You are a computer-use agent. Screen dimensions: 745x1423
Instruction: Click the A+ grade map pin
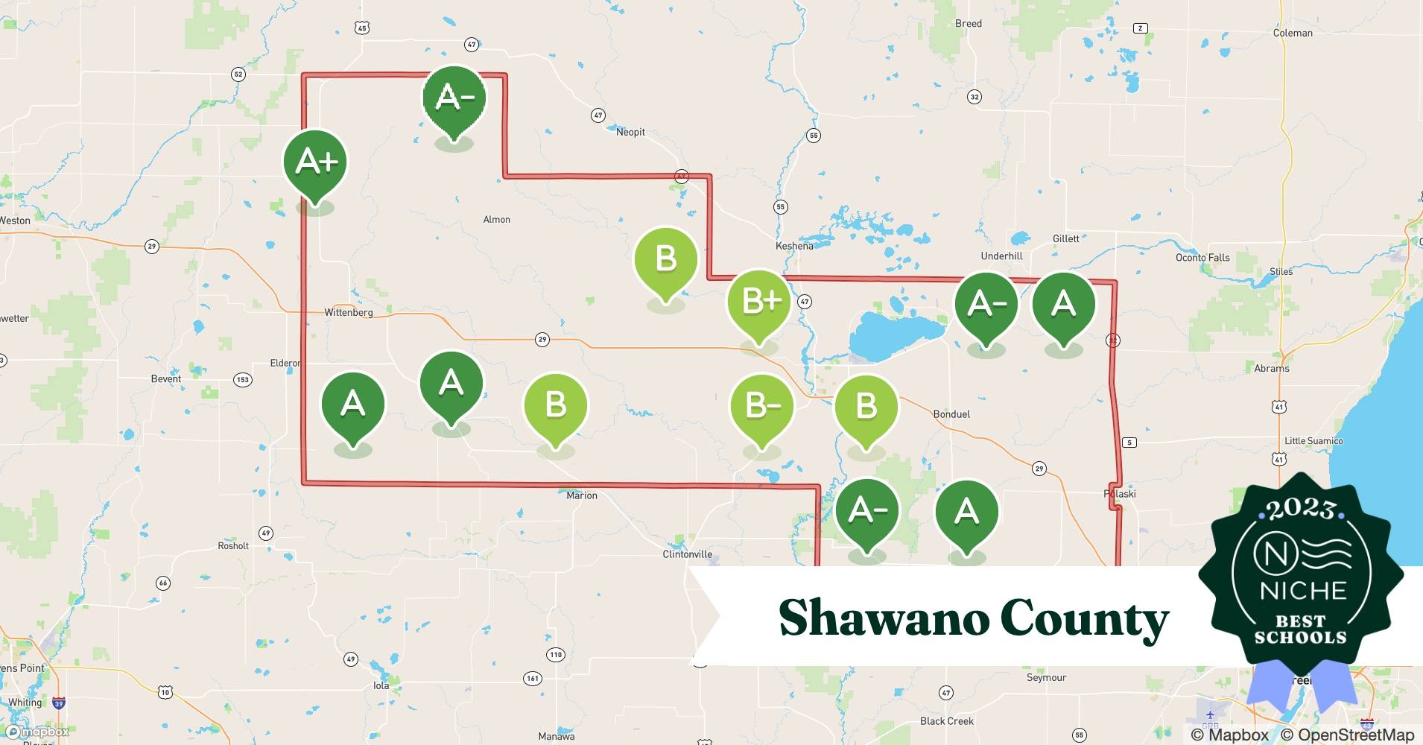(x=315, y=162)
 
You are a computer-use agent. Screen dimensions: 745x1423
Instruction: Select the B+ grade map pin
(x=759, y=302)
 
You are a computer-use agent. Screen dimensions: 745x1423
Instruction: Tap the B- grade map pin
(x=761, y=407)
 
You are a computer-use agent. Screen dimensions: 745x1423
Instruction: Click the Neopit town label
(x=630, y=132)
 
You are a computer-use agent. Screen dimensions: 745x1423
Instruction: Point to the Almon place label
(x=496, y=220)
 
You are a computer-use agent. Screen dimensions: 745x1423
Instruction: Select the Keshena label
(x=794, y=246)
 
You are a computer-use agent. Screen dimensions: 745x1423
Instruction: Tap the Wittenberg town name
(x=348, y=312)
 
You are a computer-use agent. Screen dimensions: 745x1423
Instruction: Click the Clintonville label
(x=687, y=554)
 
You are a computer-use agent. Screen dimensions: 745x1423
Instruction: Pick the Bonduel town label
(x=951, y=414)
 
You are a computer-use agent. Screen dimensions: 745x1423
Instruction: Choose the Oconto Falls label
(x=1202, y=258)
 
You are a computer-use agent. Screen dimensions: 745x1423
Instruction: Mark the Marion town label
(x=581, y=495)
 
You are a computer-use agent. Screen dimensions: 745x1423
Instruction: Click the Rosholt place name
(x=233, y=546)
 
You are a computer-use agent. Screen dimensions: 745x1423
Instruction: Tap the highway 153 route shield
(x=243, y=380)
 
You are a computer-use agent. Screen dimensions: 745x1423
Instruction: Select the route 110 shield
(x=556, y=655)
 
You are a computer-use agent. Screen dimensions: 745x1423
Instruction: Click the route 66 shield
(x=163, y=583)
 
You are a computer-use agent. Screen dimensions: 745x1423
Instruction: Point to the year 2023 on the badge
(x=1301, y=509)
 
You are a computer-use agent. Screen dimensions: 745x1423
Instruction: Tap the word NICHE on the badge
(x=1303, y=591)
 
